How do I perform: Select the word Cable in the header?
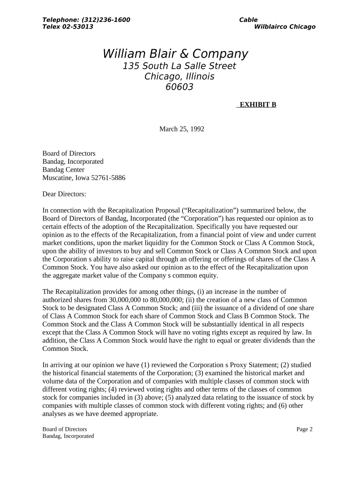coord(248,20)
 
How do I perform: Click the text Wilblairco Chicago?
coord(285,27)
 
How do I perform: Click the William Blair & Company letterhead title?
coord(175,54)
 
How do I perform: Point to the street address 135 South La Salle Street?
coord(179,66)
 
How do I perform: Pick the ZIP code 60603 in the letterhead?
coord(180,87)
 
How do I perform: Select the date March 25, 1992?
coord(182,129)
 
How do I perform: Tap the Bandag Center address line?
coord(64,170)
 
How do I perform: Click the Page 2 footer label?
coord(304,429)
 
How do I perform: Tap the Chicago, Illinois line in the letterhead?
coord(179,77)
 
